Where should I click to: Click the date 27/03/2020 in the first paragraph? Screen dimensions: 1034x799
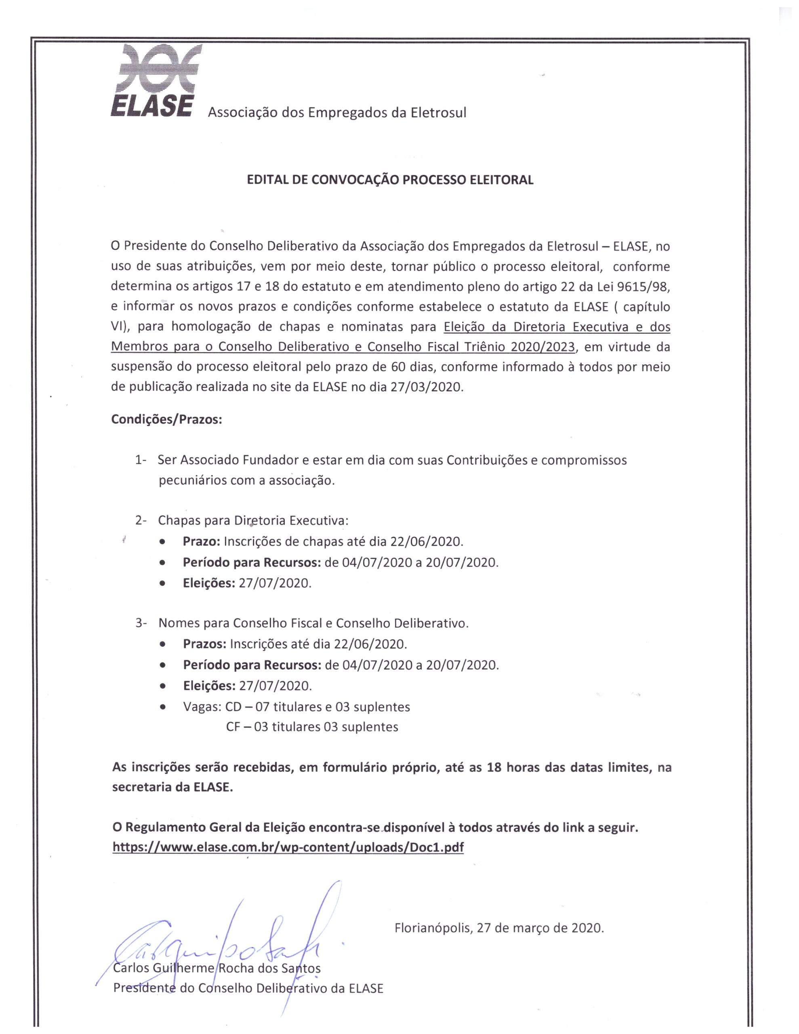click(x=426, y=387)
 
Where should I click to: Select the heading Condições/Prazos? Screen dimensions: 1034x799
click(x=166, y=420)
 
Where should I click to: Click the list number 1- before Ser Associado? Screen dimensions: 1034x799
click(x=141, y=460)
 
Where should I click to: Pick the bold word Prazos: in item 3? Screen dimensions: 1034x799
click(x=204, y=644)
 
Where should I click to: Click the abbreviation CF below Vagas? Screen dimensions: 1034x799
click(x=233, y=727)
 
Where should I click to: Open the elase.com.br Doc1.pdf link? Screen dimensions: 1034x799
click(x=288, y=847)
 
